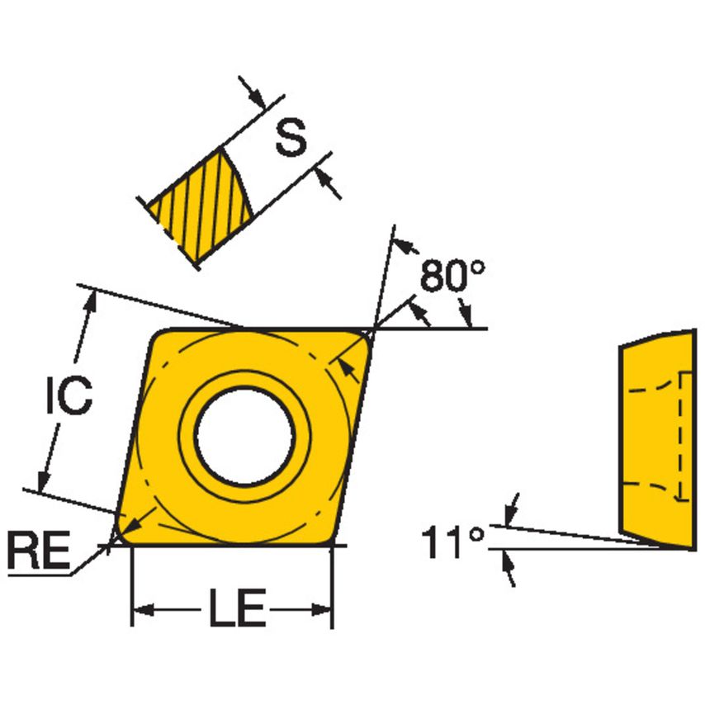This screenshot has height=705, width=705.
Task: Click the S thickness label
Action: click(290, 138)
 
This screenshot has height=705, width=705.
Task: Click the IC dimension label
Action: click(68, 397)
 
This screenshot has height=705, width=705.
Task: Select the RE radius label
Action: click(38, 551)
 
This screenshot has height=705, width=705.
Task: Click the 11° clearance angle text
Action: click(452, 542)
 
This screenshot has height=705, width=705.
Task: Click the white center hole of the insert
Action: click(245, 434)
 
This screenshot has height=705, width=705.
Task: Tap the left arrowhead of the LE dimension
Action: click(141, 611)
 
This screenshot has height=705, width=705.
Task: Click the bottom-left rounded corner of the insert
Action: click(124, 533)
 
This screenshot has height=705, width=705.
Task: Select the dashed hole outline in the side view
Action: click(682, 436)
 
